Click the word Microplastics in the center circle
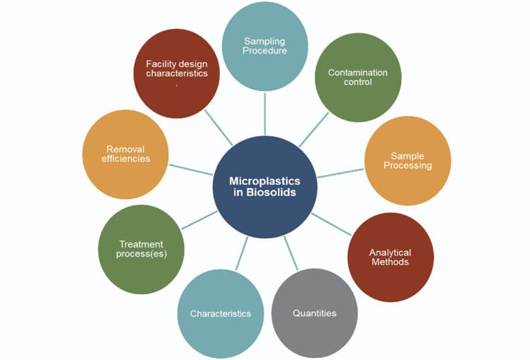pos(265,181)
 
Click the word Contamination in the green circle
pos(358,72)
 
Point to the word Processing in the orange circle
pos(407,165)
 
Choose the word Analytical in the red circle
pos(390,253)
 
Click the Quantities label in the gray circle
pos(314,313)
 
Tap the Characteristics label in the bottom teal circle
pos(220,314)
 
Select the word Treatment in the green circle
pos(141,244)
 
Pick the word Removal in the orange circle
pos(125,149)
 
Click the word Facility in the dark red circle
pos(161,64)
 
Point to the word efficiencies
pos(125,159)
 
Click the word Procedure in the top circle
pos(265,50)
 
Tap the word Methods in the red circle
pos(390,262)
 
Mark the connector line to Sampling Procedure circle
pos(265,114)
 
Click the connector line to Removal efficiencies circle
pos(191,170)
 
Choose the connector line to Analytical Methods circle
pos(332,224)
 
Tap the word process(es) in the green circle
pos(141,254)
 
